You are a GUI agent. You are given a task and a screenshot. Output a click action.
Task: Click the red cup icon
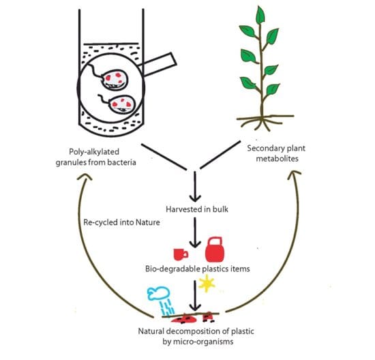pyautogui.click(x=181, y=254)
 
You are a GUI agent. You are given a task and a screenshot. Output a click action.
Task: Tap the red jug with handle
pyautogui.click(x=215, y=250)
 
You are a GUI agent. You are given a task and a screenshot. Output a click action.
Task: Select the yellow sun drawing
pyautogui.click(x=207, y=284)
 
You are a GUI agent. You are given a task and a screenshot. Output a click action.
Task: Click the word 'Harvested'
pyautogui.click(x=183, y=209)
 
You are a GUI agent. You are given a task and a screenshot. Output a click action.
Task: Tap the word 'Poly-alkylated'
pyautogui.click(x=94, y=151)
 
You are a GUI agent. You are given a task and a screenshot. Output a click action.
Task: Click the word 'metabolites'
pyautogui.click(x=277, y=159)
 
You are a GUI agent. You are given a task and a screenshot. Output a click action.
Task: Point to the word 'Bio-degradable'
pyautogui.click(x=172, y=269)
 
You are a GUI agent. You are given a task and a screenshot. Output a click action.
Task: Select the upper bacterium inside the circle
pyautogui.click(x=115, y=79)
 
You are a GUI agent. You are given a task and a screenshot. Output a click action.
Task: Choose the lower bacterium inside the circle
pyautogui.click(x=122, y=104)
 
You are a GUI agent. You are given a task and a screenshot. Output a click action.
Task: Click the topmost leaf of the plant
pyautogui.click(x=260, y=15)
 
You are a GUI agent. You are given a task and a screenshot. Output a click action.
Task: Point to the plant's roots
pyautogui.click(x=265, y=122)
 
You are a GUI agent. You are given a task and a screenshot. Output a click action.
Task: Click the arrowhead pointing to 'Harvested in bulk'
pyautogui.click(x=195, y=198)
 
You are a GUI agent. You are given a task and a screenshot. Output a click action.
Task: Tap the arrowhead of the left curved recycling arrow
pyautogui.click(x=84, y=177)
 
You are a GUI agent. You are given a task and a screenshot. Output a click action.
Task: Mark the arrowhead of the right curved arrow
pyautogui.click(x=295, y=175)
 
